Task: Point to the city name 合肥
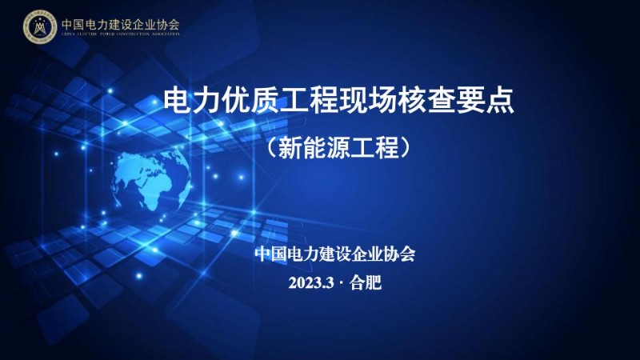coord(366,283)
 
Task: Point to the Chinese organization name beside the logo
coord(120,23)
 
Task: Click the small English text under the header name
coord(120,34)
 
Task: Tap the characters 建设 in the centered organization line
coord(335,254)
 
